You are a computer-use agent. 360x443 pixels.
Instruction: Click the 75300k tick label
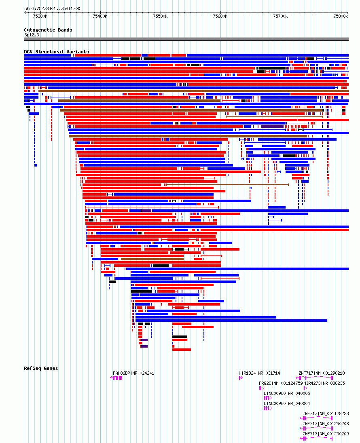pos(40,17)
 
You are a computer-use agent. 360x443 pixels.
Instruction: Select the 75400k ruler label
pos(100,17)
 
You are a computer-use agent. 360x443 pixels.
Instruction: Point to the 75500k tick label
pos(160,17)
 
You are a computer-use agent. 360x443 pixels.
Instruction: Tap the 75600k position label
pos(220,17)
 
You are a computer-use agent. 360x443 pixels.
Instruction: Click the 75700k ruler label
pos(280,17)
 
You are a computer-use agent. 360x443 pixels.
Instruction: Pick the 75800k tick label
pos(341,17)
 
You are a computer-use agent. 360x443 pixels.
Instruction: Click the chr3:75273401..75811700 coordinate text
pos(52,8)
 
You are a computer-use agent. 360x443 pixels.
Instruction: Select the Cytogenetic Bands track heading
pos(48,30)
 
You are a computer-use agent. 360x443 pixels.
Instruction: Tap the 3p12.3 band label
pos(32,35)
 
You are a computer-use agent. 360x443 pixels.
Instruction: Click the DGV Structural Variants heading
pos(57,52)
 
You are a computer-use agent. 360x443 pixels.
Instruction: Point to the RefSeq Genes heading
pos(41,368)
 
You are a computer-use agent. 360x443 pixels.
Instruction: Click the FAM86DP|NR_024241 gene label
pos(133,373)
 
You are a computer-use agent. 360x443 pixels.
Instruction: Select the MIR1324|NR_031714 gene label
pos(259,373)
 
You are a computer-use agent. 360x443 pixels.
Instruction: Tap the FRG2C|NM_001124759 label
pos(281,384)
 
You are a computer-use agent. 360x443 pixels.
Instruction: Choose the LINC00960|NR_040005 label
pos(287,394)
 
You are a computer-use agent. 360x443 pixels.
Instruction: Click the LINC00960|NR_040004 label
pos(287,404)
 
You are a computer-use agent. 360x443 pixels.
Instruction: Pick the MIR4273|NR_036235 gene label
pos(324,384)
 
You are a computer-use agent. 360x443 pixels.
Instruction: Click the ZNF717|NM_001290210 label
pos(322,373)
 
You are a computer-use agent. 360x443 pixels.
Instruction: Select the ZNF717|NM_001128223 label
pos(326,413)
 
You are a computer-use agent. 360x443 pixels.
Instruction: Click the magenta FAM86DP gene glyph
pos(116,378)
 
